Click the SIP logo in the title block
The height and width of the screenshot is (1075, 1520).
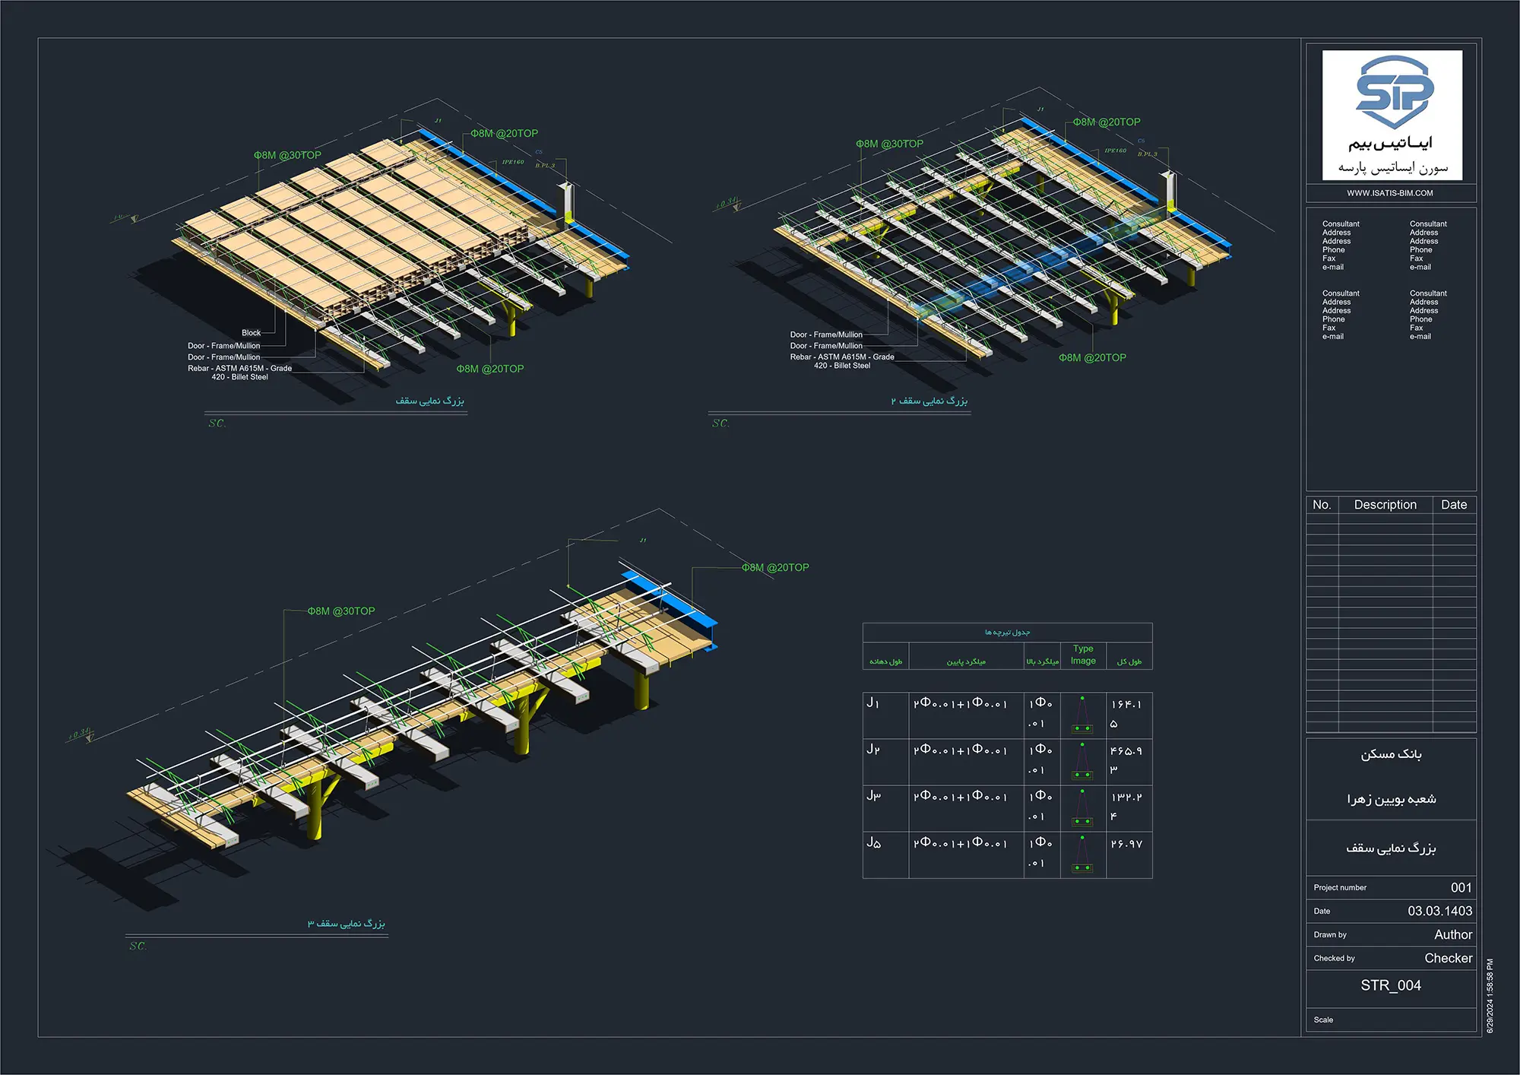[x=1394, y=91]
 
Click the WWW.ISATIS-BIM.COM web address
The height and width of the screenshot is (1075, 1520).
[x=1390, y=193]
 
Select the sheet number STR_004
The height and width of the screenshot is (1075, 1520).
[x=1390, y=985]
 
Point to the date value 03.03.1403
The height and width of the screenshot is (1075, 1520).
[x=1439, y=911]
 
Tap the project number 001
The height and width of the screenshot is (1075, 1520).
[x=1461, y=887]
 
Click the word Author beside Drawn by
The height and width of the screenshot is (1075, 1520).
[x=1452, y=934]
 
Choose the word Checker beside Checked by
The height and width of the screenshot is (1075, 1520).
[x=1448, y=958]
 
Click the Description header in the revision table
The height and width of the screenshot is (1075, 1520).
[x=1385, y=505]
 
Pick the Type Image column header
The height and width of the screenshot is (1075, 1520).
[x=1083, y=655]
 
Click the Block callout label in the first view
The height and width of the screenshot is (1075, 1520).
[x=251, y=333]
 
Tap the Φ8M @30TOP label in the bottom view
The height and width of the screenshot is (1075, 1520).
[x=341, y=611]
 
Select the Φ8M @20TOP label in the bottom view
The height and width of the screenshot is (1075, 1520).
[x=775, y=568]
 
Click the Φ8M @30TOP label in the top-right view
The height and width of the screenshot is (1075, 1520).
[x=889, y=144]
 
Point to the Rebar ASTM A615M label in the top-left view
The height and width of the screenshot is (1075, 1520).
[x=239, y=373]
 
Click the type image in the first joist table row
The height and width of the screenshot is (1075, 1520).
[x=1082, y=715]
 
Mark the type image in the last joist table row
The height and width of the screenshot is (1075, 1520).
[x=1082, y=855]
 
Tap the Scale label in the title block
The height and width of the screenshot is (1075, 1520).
[x=1323, y=1020]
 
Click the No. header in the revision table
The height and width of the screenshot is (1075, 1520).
[x=1322, y=505]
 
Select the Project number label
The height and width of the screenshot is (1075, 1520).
[x=1340, y=888]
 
